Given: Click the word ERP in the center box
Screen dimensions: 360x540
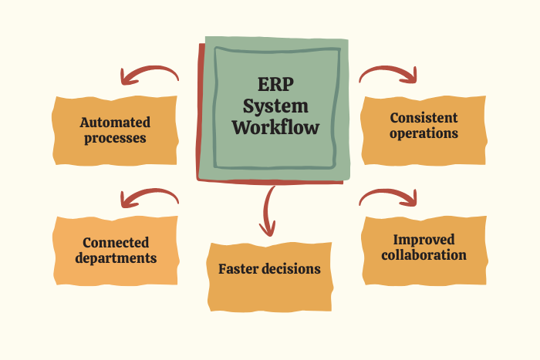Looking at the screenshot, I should (x=275, y=85).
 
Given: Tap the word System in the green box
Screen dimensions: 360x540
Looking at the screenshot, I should (x=275, y=106).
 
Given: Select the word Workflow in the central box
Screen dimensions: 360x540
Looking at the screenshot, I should (x=275, y=127).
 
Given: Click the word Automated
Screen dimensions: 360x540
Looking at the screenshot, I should (x=115, y=123).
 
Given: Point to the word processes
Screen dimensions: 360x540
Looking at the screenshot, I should (x=115, y=139).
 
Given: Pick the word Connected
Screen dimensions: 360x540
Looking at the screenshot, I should (x=116, y=242).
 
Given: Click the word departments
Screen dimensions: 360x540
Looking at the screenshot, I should (x=116, y=258).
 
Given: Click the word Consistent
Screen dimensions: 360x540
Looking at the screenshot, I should (x=424, y=118).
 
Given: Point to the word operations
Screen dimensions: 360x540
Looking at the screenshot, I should (x=424, y=133).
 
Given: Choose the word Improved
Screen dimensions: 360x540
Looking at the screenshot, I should (x=424, y=239).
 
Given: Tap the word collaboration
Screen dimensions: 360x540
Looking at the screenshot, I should (x=424, y=254).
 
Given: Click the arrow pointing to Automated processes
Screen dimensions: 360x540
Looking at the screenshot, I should (x=148, y=75).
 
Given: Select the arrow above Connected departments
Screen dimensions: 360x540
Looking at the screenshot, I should (x=148, y=197).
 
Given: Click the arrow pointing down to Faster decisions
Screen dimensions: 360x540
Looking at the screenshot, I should (x=268, y=210).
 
